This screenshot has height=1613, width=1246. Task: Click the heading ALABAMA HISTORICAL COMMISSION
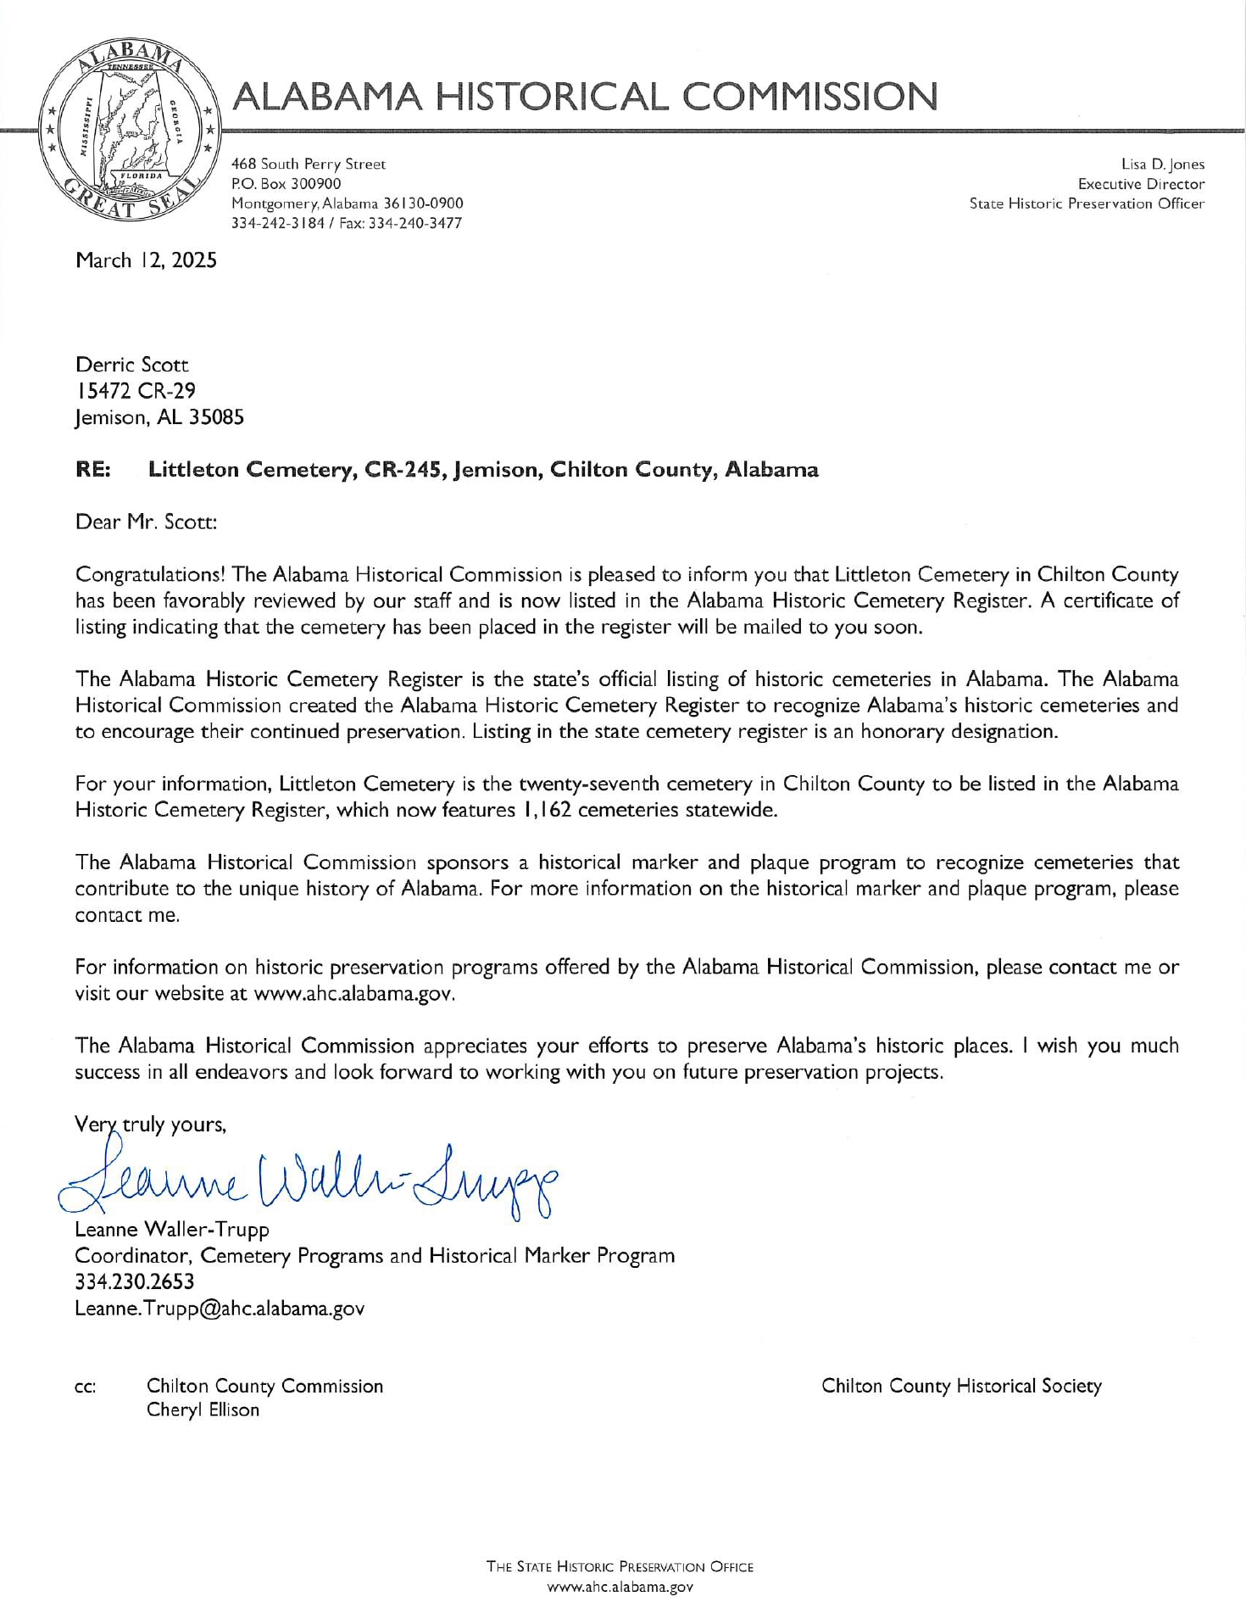pos(586,97)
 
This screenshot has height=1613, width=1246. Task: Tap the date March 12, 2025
pos(146,260)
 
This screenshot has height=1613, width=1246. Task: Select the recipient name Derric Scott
pos(132,366)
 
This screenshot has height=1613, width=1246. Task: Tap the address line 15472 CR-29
pos(136,391)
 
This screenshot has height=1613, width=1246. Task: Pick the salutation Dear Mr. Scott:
pos(147,522)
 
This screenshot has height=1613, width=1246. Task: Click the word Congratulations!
pos(151,575)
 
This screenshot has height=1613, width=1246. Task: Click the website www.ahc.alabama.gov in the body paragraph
pos(354,994)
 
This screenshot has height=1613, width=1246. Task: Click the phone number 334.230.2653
pos(134,1281)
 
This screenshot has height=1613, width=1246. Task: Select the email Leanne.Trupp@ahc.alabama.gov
pos(220,1309)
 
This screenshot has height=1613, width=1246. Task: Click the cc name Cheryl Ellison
pos(203,1410)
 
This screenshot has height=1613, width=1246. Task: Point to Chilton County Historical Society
pos(961,1386)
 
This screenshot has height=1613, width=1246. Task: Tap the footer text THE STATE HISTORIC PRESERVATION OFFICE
pos(620,1566)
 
